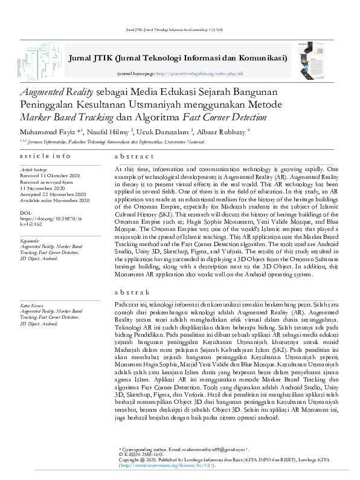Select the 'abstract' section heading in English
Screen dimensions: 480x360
click(133, 156)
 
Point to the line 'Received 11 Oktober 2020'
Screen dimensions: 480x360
click(51, 176)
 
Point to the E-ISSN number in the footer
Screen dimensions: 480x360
click(141, 455)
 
